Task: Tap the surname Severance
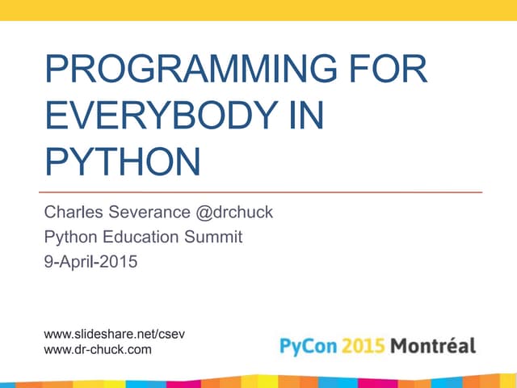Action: tap(150, 213)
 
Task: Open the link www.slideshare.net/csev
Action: tap(108, 334)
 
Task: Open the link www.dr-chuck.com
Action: tap(96, 349)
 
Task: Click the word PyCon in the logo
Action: tap(307, 347)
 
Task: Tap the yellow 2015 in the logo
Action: tap(362, 347)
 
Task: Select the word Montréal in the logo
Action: tap(434, 347)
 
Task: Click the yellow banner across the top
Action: tap(258, 10)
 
